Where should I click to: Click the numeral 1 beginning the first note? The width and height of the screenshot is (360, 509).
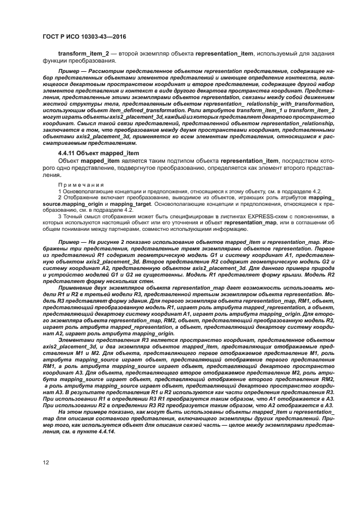point(59,192)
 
